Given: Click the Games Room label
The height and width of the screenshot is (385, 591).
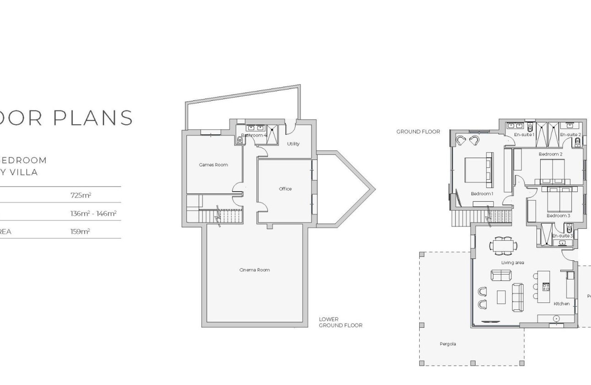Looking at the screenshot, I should (x=213, y=165).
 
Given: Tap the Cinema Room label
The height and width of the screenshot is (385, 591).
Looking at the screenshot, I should (x=254, y=270).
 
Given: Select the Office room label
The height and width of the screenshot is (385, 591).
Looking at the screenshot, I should (x=285, y=189).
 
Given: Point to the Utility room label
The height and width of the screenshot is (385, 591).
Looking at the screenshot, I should (x=293, y=144).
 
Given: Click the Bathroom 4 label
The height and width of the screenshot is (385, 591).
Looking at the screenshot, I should (x=254, y=136).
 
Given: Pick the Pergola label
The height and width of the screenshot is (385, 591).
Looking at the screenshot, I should (x=448, y=344).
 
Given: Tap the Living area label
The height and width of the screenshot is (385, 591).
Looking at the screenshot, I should (x=512, y=263).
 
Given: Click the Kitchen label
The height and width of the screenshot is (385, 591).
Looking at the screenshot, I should (x=561, y=304).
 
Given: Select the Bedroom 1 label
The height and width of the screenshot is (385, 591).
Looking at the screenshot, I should (x=482, y=194).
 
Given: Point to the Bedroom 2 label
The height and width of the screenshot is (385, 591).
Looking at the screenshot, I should (x=550, y=154).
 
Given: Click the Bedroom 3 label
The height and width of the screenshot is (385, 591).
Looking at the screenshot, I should (x=558, y=215).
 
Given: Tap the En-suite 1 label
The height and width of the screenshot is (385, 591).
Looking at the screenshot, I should (x=524, y=135).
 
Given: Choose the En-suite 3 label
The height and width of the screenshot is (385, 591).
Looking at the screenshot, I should (x=562, y=236).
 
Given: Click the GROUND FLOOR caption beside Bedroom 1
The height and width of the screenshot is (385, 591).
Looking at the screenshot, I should (x=418, y=132).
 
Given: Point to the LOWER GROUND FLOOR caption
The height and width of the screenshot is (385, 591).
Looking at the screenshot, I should (x=340, y=322).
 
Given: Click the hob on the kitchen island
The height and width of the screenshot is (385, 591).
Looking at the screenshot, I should (x=546, y=287).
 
